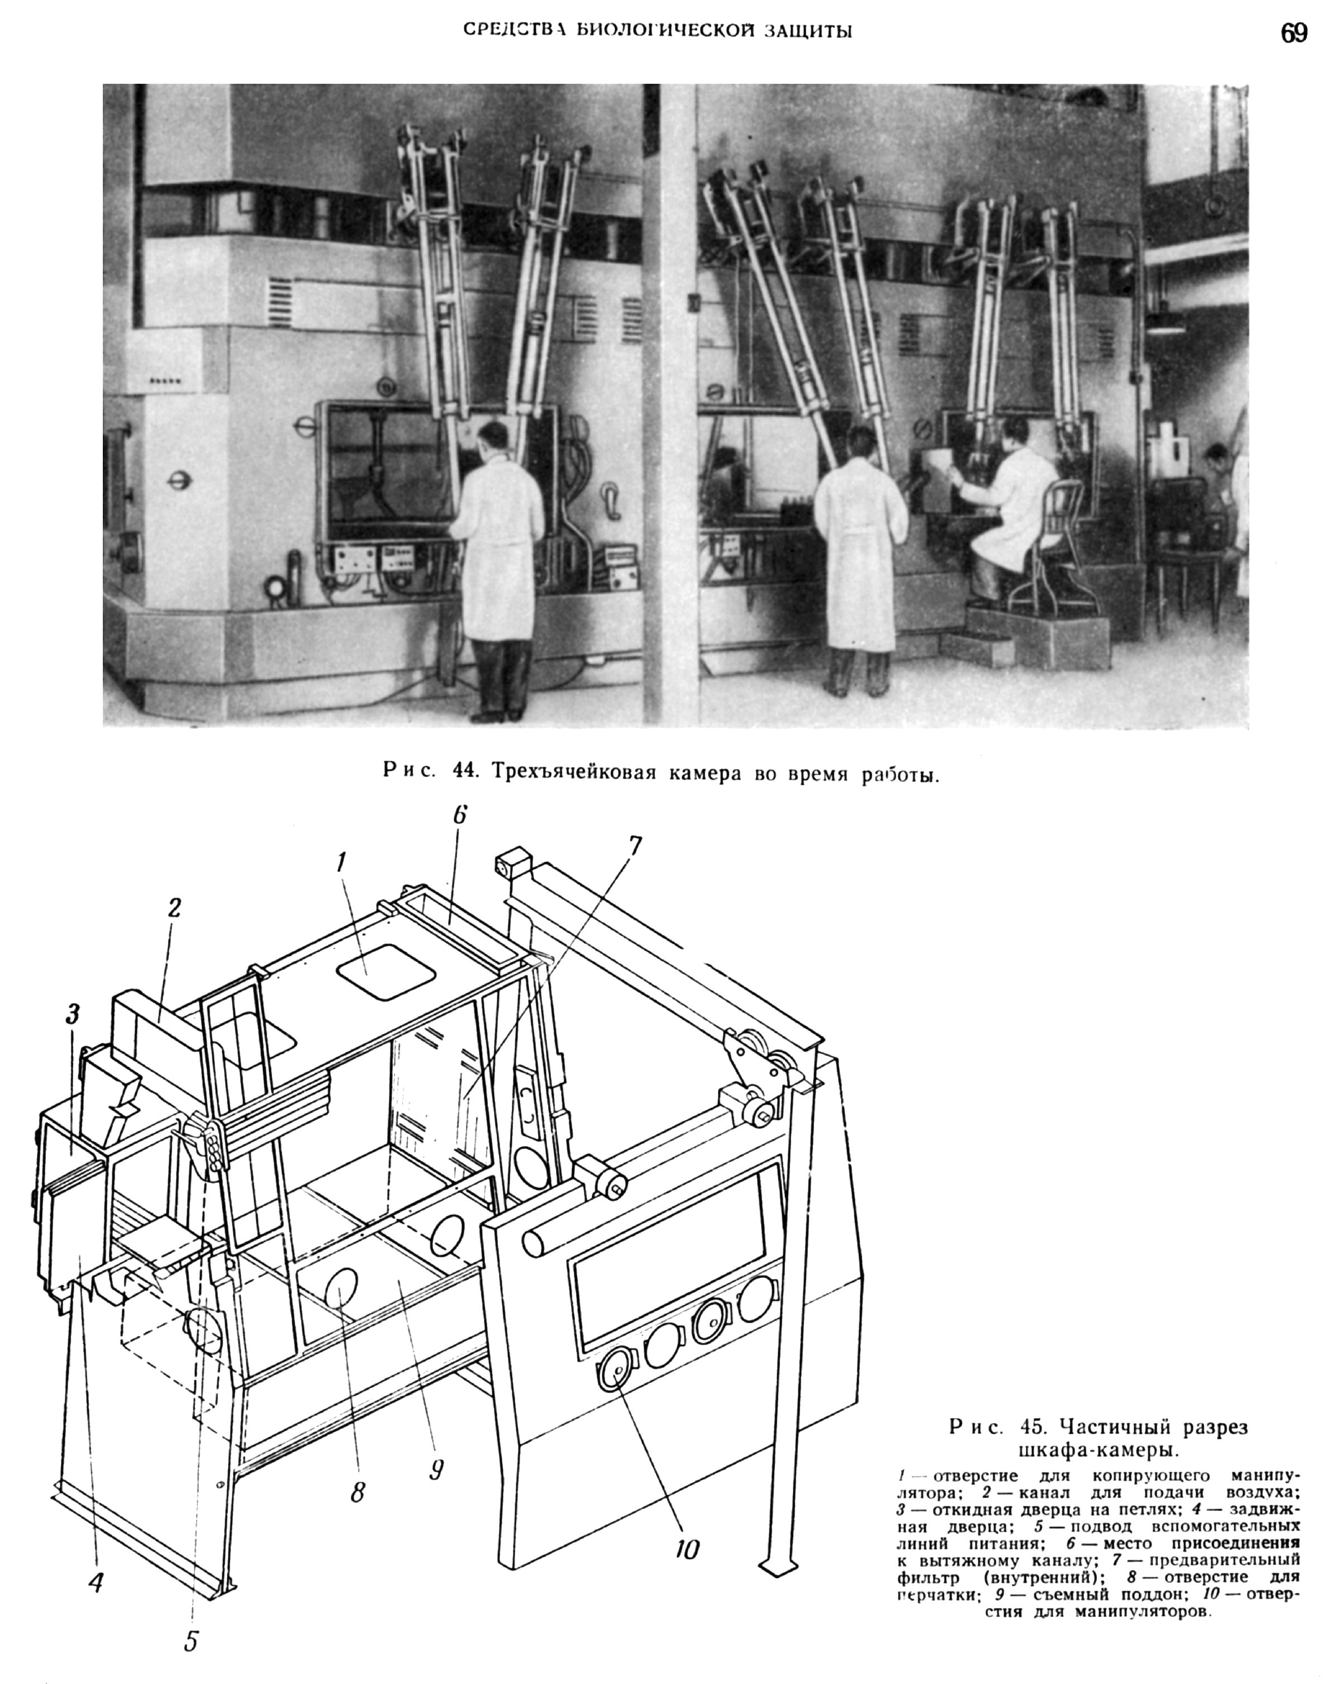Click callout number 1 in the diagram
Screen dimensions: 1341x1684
(341, 862)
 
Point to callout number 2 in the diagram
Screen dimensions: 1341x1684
(173, 907)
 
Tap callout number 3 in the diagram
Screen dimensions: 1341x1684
(73, 1015)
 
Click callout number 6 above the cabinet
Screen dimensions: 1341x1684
(459, 815)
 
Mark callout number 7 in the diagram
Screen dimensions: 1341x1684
(635, 845)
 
